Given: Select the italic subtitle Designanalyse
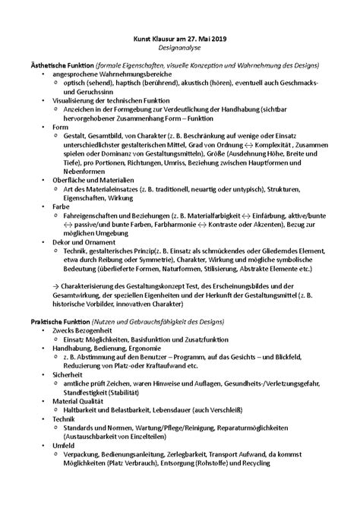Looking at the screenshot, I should (179, 49).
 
